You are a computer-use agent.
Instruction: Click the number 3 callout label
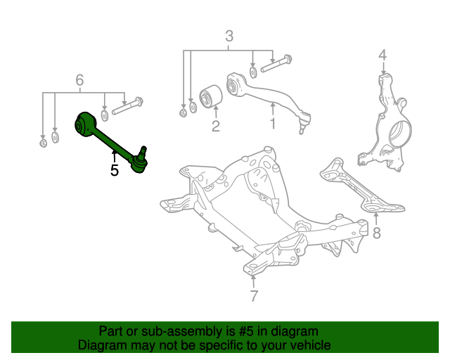coord(229,37)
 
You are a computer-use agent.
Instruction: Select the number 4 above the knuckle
coord(382,55)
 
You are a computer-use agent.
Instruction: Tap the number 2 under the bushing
coord(215,127)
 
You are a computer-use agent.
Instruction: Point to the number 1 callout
coord(274,125)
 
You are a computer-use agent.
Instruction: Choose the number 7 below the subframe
coord(254,295)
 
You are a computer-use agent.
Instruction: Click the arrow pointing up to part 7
coord(254,279)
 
